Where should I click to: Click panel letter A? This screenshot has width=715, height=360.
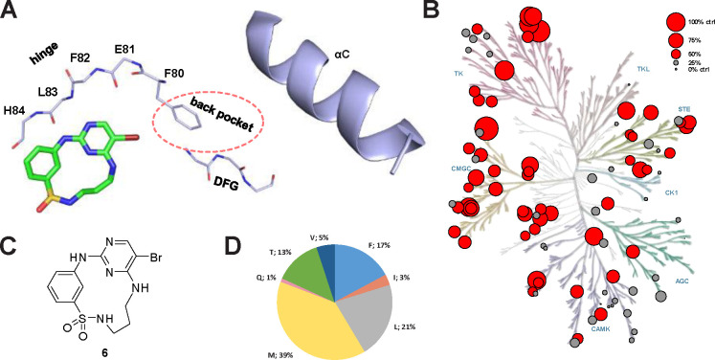coord(10,10)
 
